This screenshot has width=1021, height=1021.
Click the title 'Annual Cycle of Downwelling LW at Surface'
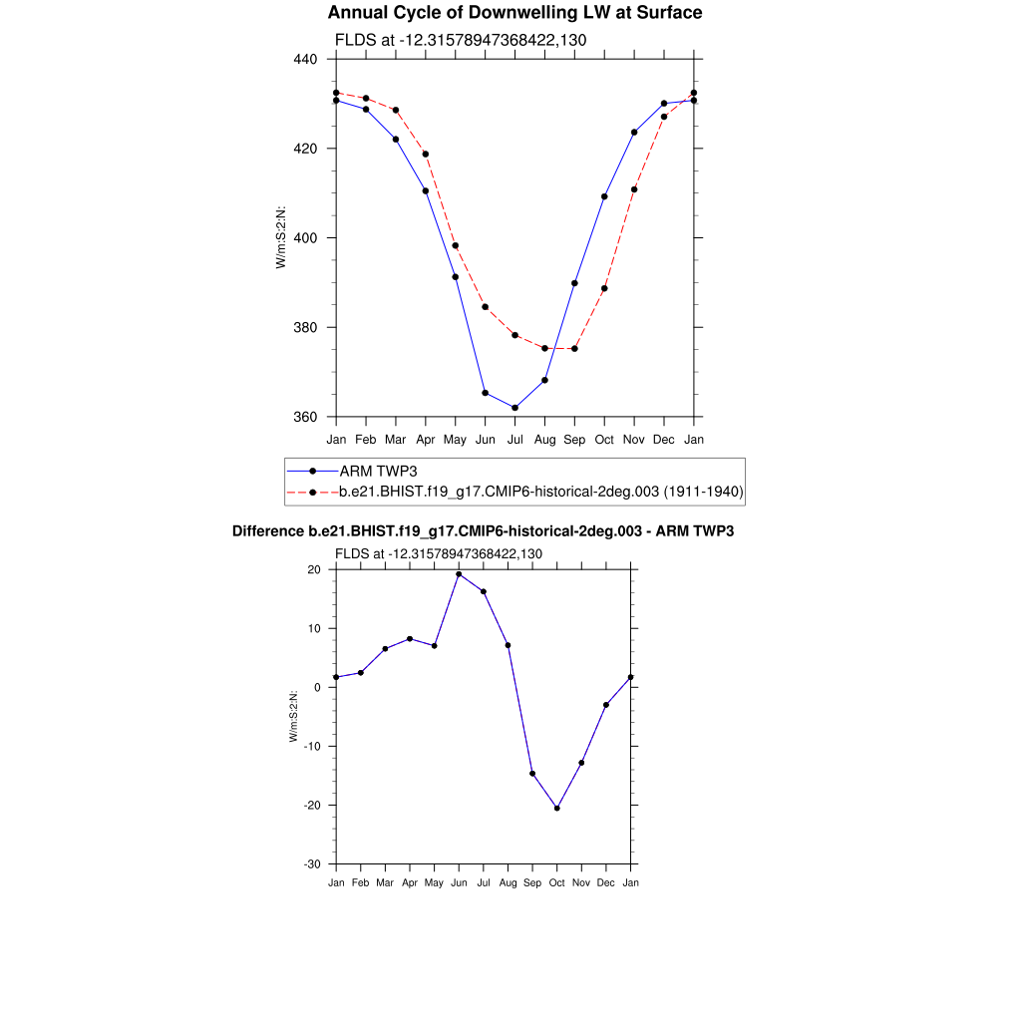tap(514, 13)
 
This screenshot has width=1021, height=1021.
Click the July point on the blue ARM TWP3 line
tap(514, 408)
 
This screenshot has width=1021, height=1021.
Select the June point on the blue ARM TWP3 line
tap(485, 393)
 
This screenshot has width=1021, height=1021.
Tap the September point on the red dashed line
tap(574, 349)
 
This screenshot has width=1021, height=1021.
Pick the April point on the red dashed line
tap(426, 154)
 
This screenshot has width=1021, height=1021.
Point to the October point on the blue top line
tap(604, 196)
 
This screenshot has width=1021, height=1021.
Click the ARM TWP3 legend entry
tap(372, 471)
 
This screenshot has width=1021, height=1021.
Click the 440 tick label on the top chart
tap(305, 60)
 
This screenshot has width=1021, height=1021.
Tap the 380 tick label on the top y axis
tap(305, 328)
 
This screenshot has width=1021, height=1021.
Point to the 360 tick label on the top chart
tap(305, 417)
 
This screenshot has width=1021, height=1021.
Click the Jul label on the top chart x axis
tap(514, 440)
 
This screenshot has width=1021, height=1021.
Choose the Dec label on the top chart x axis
tap(664, 440)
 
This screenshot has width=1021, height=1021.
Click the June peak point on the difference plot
tap(459, 574)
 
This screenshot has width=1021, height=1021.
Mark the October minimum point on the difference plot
tap(556, 808)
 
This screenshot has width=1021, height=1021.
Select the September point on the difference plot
tap(532, 774)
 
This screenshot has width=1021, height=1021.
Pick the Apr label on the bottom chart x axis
tap(409, 883)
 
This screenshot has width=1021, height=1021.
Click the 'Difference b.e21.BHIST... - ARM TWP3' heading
tap(483, 531)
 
